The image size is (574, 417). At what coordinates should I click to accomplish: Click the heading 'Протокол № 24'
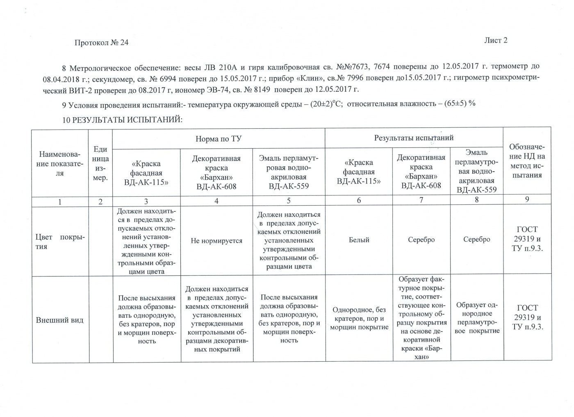101,43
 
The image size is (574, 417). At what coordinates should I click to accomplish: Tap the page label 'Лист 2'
496,40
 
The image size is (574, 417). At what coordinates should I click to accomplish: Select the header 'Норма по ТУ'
218,139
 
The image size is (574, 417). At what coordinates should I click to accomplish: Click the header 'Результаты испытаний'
414,138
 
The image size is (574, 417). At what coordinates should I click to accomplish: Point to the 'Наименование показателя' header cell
60,163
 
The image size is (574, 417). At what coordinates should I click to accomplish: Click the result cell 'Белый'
359,240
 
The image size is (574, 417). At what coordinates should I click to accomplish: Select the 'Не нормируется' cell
216,241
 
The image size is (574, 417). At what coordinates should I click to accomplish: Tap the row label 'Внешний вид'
59,320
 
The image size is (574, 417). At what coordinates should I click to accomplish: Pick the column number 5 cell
289,201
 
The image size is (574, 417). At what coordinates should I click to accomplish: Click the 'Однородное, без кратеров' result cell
359,319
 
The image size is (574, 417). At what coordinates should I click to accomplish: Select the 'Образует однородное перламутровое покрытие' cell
477,318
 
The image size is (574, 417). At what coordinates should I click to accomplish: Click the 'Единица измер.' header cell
100,163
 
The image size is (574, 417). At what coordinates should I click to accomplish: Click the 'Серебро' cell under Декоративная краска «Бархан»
421,240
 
